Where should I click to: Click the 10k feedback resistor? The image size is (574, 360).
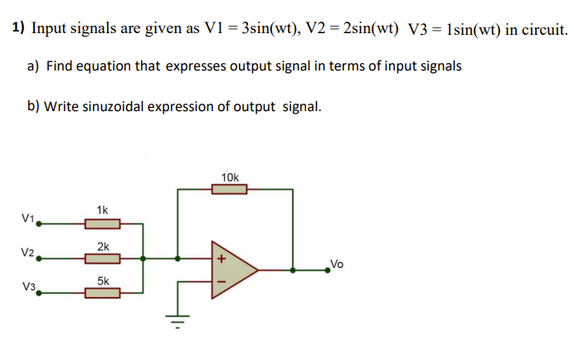[x=230, y=190]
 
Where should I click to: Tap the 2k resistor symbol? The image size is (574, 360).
[x=103, y=258]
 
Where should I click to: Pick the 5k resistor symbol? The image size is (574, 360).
[x=103, y=292]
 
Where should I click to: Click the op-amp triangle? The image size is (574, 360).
[x=232, y=270]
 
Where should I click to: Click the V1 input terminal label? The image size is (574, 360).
[x=27, y=218]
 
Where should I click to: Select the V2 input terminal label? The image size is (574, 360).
[x=27, y=252]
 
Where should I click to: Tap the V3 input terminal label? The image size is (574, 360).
[x=29, y=287]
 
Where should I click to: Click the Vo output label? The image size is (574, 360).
[x=336, y=264]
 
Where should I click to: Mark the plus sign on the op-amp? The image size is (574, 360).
[x=221, y=259]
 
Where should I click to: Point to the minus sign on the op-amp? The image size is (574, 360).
[x=221, y=281]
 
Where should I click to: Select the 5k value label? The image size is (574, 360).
[x=103, y=280]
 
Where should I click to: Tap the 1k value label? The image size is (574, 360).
[x=102, y=210]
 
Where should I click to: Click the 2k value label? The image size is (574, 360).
[x=103, y=246]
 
